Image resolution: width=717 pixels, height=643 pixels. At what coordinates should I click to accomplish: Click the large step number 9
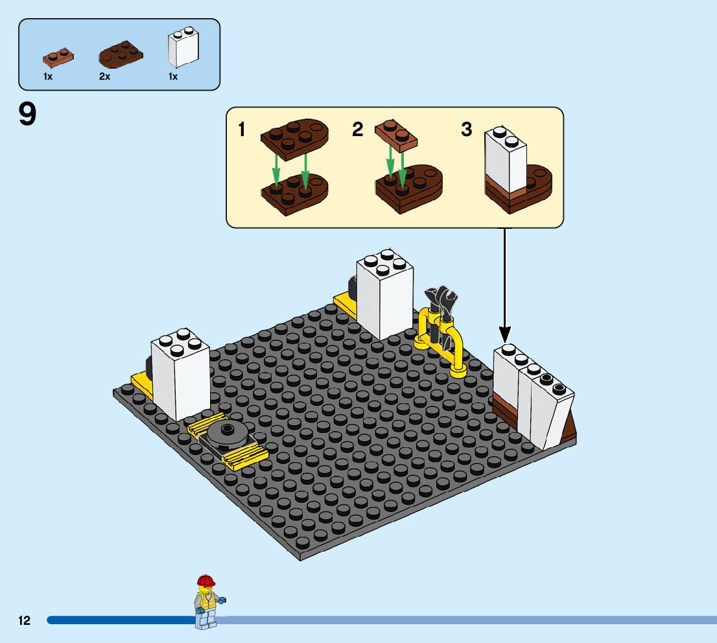coord(28,115)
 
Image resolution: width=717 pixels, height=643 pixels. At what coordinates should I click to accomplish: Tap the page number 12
coord(25,621)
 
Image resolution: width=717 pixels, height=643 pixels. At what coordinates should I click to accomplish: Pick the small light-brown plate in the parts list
coord(58,57)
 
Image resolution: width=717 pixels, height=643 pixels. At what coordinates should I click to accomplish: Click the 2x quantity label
coord(104,76)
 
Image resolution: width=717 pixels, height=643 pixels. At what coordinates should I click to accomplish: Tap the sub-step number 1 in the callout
coord(242,130)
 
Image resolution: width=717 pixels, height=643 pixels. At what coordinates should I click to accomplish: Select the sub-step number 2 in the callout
coord(358,130)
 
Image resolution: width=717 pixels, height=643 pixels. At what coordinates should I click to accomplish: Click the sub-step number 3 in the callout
coord(467,130)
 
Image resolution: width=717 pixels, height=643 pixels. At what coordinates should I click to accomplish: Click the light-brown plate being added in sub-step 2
coord(396,135)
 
